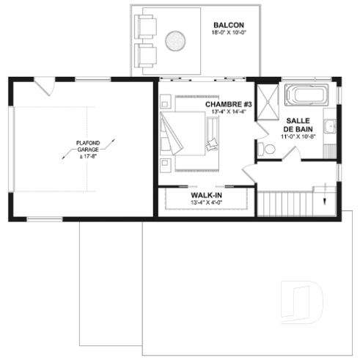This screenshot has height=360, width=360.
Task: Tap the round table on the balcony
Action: point(175,40)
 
